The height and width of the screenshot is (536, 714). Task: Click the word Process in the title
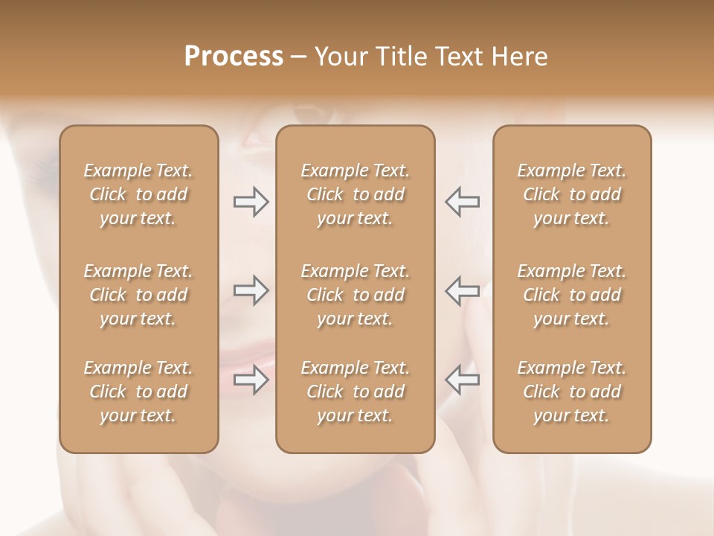[234, 57]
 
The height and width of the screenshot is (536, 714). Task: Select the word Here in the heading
[519, 57]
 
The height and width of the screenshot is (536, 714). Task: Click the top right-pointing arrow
[251, 202]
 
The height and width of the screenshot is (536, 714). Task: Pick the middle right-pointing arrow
[251, 290]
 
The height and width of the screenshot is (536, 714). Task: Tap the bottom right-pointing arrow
[251, 380]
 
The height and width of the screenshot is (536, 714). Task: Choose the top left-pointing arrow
[462, 202]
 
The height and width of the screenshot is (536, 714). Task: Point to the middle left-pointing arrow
[462, 290]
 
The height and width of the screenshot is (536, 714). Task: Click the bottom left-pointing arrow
[462, 379]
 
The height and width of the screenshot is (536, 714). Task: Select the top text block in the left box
[138, 194]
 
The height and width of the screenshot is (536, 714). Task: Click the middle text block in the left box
[138, 295]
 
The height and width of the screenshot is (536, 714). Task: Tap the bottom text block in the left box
[138, 392]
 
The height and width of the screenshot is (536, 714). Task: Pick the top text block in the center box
[356, 194]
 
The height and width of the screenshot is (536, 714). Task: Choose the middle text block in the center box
[356, 295]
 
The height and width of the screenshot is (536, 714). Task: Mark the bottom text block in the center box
[356, 392]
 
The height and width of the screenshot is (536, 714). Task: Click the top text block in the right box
[572, 194]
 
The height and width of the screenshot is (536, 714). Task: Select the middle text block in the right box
[572, 295]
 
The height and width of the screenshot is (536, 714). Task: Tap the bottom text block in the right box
[572, 392]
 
